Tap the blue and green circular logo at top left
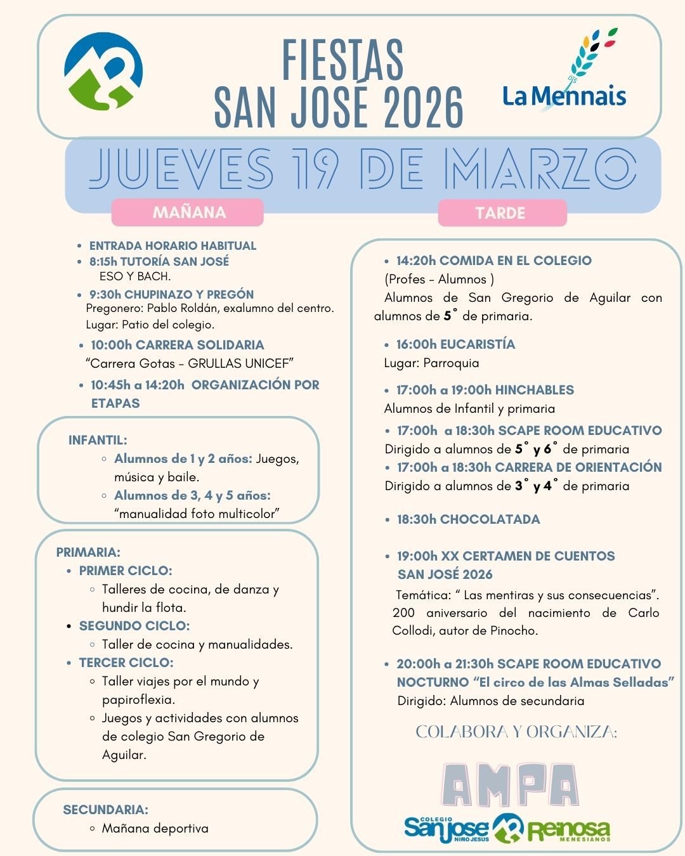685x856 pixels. click(103, 71)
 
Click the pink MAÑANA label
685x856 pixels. click(188, 212)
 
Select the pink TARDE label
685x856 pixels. click(500, 213)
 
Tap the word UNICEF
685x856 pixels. click(269, 363)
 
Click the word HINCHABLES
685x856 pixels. click(534, 390)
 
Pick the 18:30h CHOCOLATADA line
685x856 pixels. click(468, 519)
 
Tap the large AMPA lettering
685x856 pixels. click(510, 785)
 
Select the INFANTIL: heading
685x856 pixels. click(98, 440)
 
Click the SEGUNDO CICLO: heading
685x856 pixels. click(134, 626)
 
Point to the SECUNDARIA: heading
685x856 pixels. click(105, 810)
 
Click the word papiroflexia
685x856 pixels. click(138, 699)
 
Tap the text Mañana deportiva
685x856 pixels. click(155, 828)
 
